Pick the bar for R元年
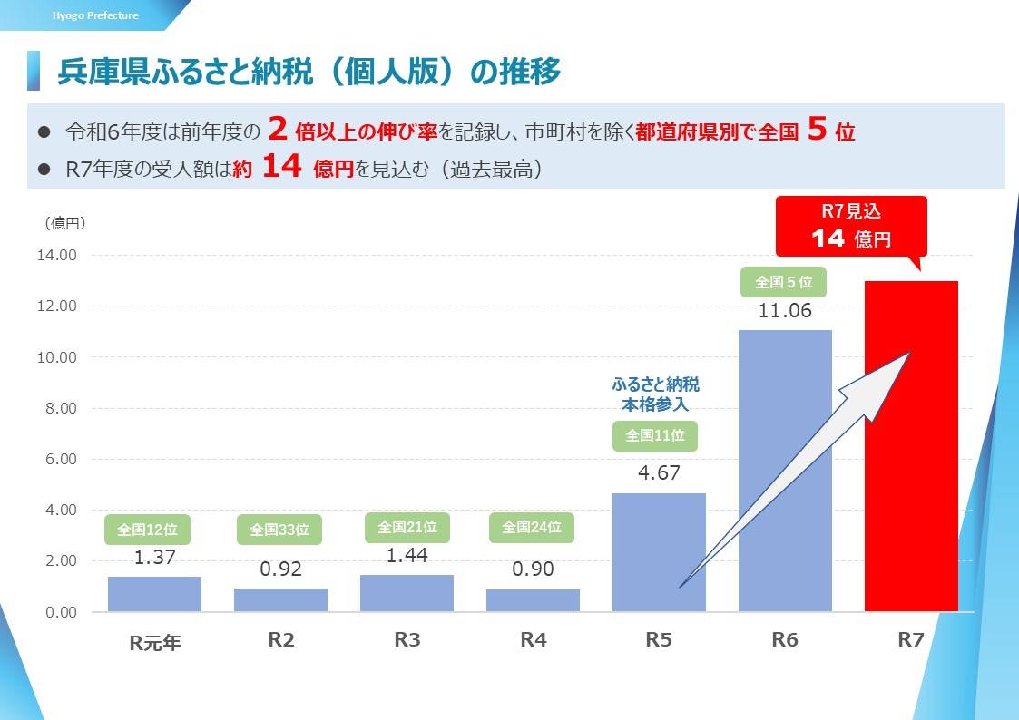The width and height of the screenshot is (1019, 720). [x=154, y=593]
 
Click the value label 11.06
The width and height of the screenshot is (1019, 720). [x=785, y=311]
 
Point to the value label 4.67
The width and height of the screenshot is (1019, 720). [x=659, y=472]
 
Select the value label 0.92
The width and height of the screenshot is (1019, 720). [x=280, y=569]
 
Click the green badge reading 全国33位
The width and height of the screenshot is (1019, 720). [x=279, y=530]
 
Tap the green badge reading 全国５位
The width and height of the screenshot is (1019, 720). [x=784, y=282]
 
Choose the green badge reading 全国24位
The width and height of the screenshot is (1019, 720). [x=532, y=527]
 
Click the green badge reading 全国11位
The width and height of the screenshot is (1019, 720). [x=655, y=436]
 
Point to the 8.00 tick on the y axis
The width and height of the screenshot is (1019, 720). [x=56, y=408]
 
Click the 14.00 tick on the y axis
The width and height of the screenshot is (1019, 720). [x=56, y=256]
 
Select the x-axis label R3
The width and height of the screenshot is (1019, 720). [x=407, y=639]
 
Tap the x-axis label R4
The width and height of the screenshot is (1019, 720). [x=533, y=639]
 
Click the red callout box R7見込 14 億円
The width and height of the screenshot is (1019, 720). [x=850, y=226]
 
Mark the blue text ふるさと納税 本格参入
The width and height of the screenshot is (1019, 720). [x=655, y=394]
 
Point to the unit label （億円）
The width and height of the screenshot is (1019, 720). [x=64, y=224]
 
